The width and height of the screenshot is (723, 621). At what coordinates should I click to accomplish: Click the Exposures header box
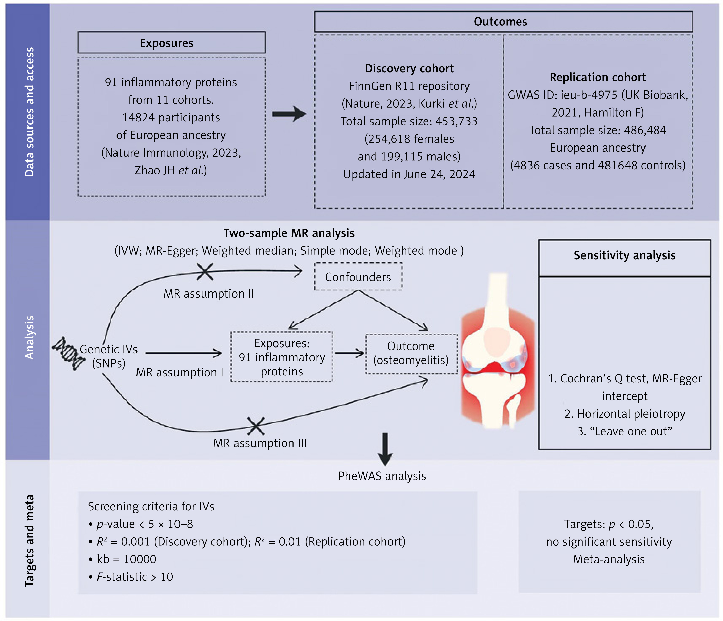(171, 43)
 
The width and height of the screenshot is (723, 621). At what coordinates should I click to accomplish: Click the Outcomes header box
(503, 22)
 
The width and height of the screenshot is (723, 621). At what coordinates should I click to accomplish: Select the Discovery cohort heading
(409, 68)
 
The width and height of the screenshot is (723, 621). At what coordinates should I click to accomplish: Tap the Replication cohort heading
(598, 77)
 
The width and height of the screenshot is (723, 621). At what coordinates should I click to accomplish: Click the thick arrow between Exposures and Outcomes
(289, 114)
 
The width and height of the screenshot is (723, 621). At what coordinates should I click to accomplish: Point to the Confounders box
(358, 277)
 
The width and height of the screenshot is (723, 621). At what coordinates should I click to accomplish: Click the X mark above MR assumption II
(205, 271)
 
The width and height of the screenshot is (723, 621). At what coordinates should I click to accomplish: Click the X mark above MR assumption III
(256, 426)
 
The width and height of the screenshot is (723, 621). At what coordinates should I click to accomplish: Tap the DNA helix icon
(68, 353)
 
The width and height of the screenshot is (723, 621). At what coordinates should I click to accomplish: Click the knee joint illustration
(498, 351)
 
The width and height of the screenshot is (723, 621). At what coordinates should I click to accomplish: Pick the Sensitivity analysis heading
(624, 255)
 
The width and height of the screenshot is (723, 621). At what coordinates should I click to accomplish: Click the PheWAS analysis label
(382, 476)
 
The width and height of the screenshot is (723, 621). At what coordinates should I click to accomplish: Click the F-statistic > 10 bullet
(131, 577)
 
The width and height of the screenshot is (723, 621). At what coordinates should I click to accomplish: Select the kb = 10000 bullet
(122, 559)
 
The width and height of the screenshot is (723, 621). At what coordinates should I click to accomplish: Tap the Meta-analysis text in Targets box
(609, 559)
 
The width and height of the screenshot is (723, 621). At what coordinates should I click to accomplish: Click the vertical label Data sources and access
(30, 112)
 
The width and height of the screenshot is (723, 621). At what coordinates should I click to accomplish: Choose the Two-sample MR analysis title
(289, 233)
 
